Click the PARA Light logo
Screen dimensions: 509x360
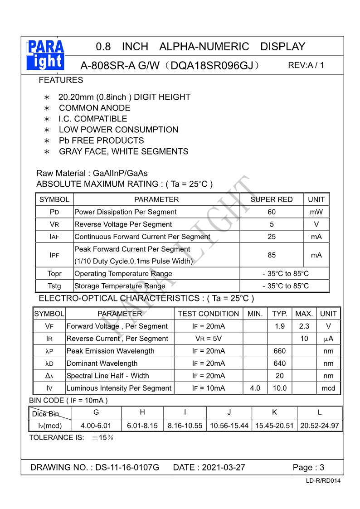coord(46,55)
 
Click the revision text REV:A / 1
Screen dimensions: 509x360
coord(306,65)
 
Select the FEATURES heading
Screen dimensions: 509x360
coord(61,80)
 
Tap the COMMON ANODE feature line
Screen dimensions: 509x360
coord(94,108)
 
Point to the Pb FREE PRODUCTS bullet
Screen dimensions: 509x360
coord(101,141)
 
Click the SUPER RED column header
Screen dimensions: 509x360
coord(272,199)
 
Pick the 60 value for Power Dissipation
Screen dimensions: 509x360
coord(272,212)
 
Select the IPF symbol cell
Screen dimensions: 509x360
coord(54,255)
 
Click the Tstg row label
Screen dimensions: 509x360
coord(54,286)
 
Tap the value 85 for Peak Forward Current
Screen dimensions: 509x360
coord(272,255)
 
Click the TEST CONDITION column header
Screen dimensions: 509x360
coord(209,314)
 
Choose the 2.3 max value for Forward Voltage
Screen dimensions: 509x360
coord(304,326)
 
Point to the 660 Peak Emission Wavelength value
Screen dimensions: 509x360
coord(280,351)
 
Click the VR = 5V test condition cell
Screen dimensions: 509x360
coord(209,339)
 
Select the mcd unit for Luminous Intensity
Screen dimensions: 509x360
coord(328,388)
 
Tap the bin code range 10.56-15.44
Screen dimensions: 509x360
coord(229,426)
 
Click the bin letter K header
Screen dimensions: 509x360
coord(274,412)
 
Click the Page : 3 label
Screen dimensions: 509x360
coord(308,467)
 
